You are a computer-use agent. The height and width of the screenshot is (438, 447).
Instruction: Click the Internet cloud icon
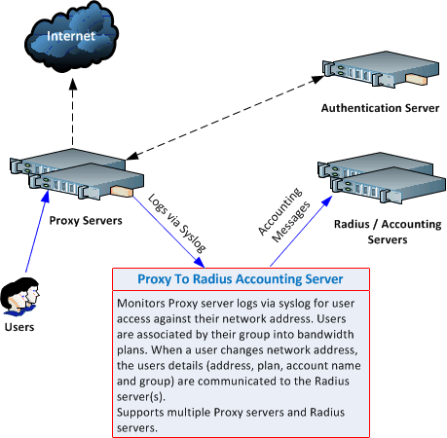pos(71,36)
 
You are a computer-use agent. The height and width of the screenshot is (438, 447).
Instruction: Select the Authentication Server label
pos(380,108)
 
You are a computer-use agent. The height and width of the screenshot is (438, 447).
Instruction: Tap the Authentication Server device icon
pos(381,69)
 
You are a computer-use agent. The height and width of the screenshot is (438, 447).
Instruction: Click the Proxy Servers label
pos(86,221)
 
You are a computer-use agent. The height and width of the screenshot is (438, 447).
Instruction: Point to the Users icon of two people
pos(20,296)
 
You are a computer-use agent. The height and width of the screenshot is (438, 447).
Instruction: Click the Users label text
pos(19,327)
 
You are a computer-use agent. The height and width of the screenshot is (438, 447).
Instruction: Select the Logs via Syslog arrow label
pos(177,224)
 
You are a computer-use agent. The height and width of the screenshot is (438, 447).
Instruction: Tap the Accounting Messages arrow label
pos(284,215)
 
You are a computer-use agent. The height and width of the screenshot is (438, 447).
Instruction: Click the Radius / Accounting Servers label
pos(388,232)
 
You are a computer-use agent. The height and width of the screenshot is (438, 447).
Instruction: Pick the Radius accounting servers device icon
pos(382,178)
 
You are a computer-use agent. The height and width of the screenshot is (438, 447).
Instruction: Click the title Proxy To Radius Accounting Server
pos(241,279)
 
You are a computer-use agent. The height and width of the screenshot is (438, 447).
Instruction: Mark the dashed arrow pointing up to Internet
pos(73,111)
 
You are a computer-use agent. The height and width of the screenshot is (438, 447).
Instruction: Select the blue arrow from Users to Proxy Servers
pos(37,232)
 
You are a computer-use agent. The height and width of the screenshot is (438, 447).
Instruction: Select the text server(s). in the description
pos(141,397)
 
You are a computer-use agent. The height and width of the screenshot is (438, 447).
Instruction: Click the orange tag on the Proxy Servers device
pos(122,192)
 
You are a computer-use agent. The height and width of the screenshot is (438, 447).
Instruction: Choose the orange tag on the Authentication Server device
pos(417,80)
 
